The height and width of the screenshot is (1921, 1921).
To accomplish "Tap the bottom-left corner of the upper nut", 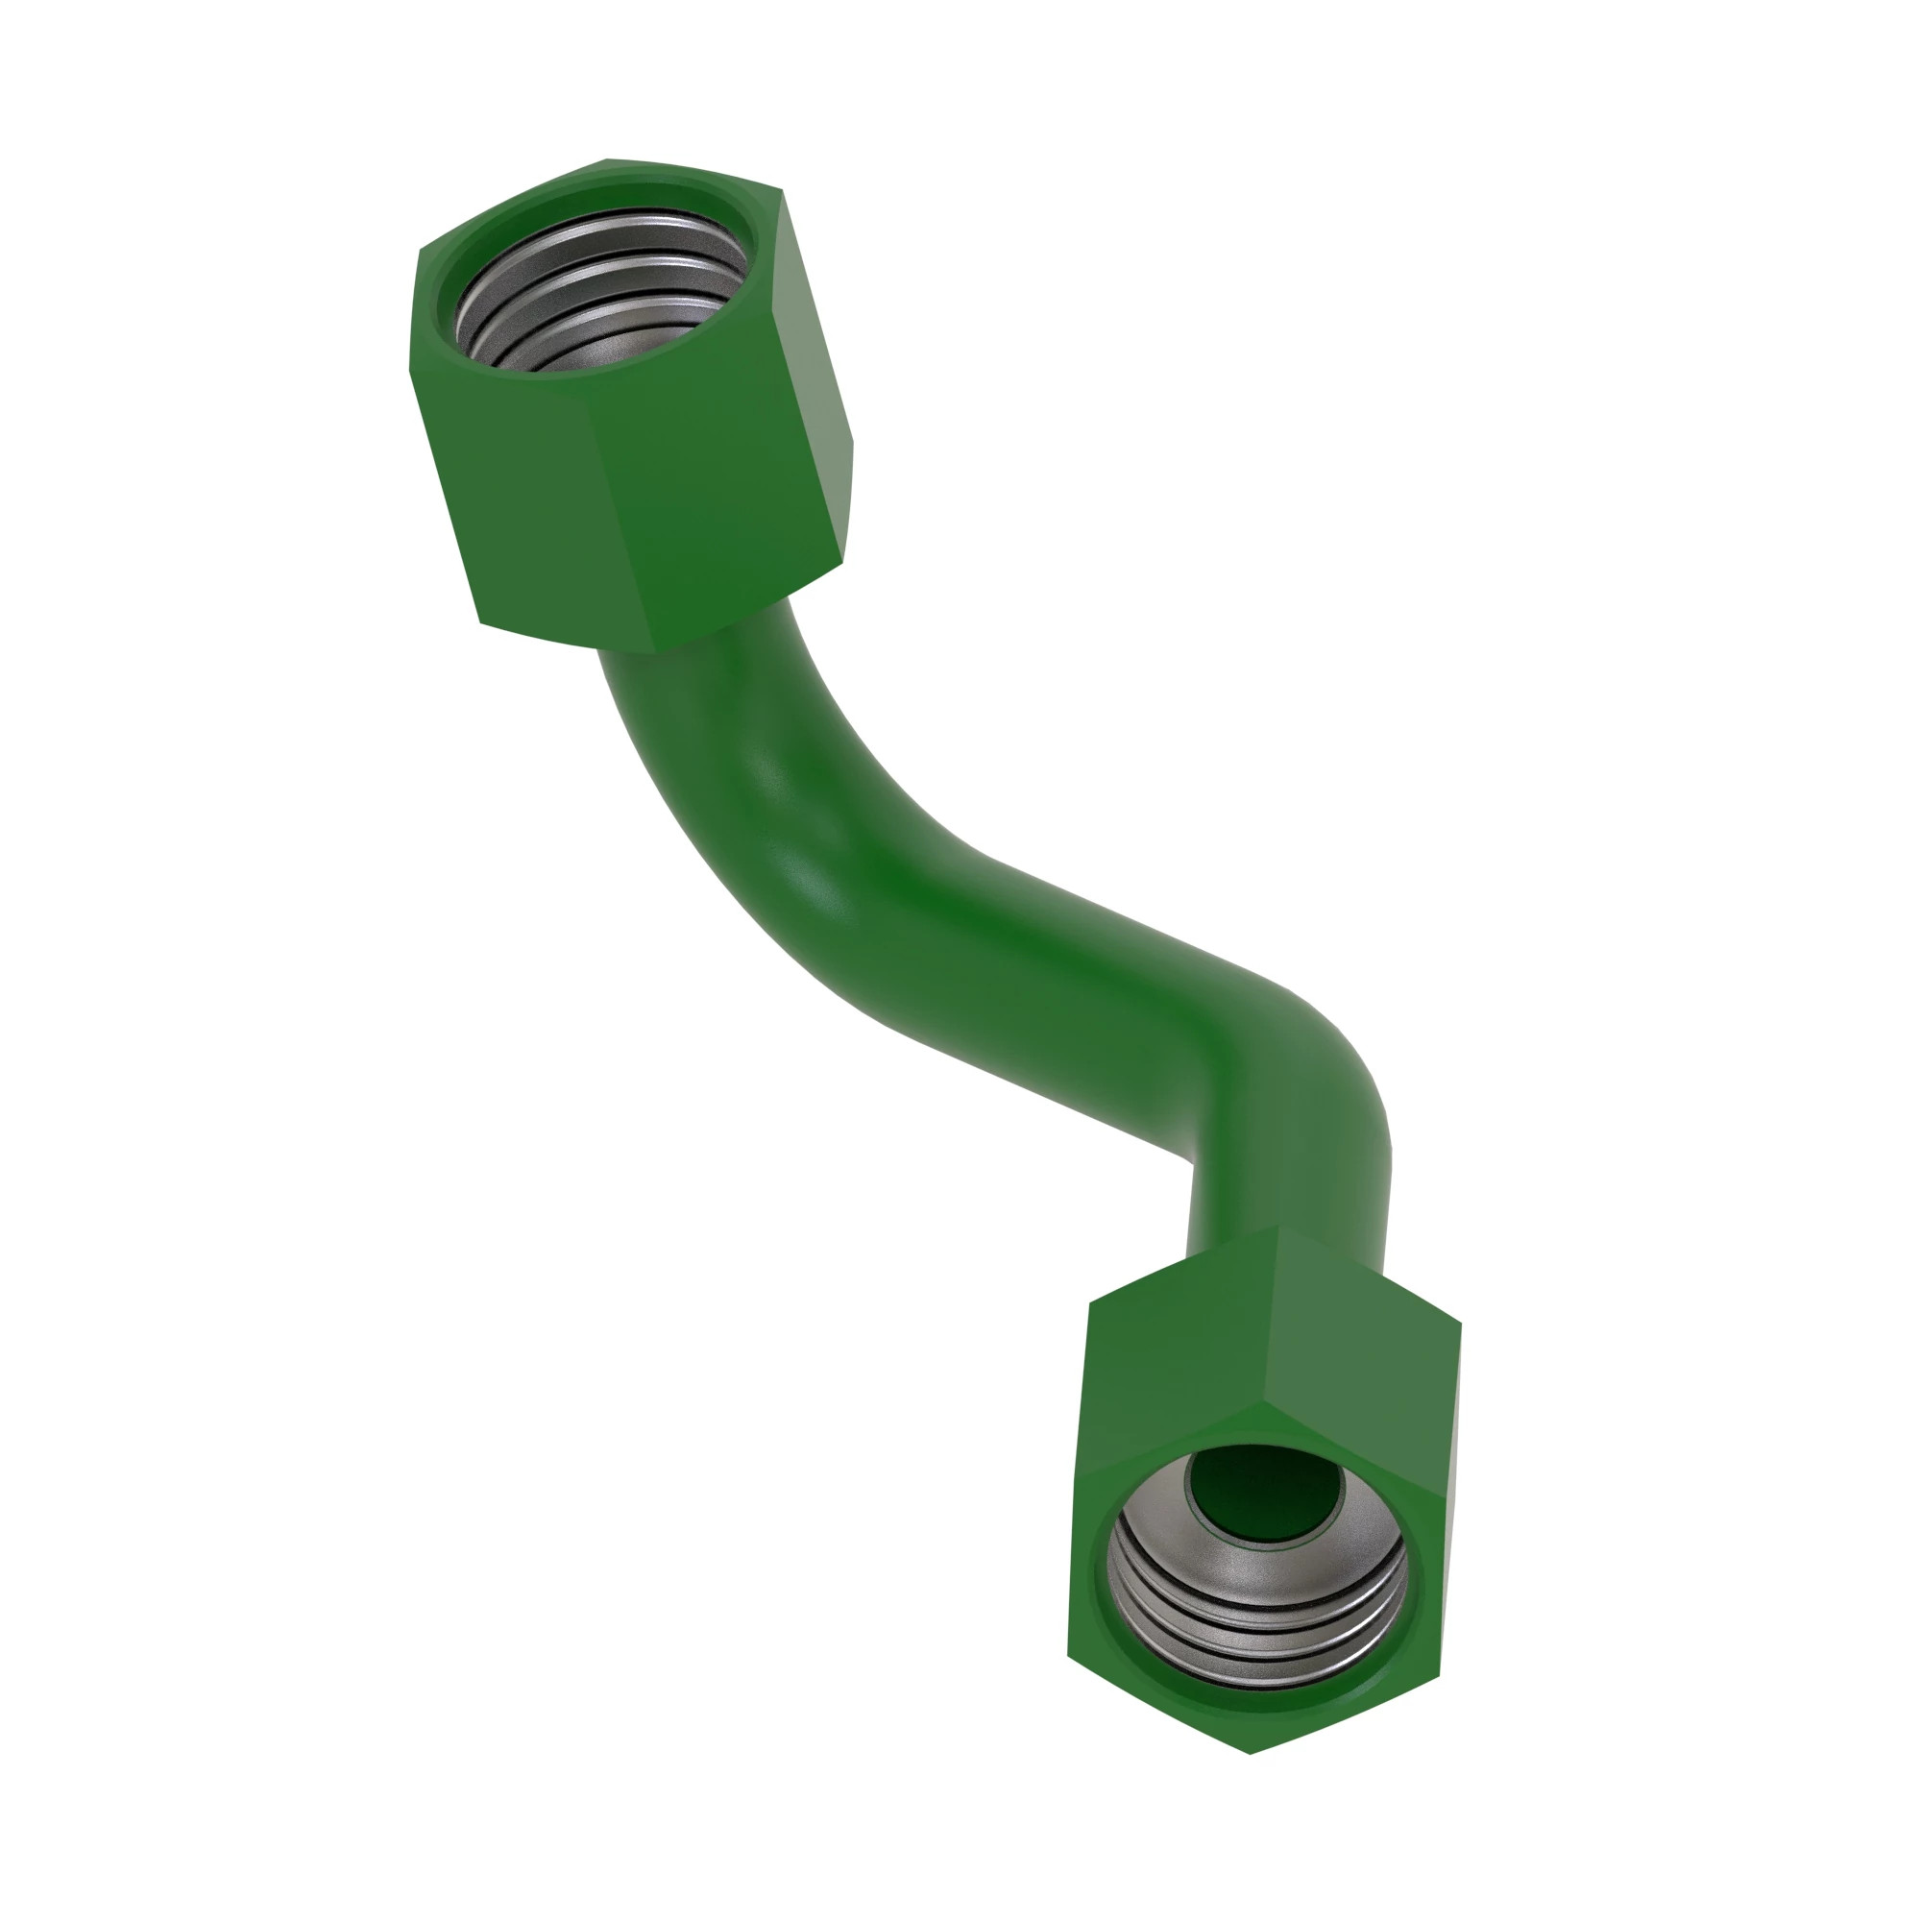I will click(x=481, y=622).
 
